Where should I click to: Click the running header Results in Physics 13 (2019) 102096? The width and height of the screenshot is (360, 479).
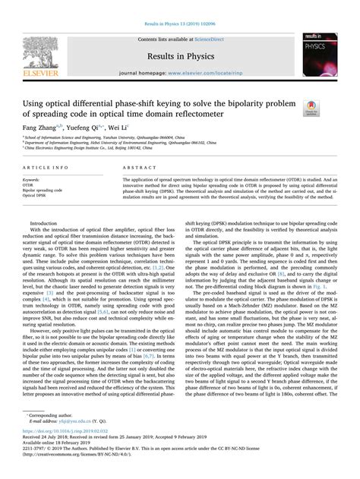(x=180, y=7)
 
